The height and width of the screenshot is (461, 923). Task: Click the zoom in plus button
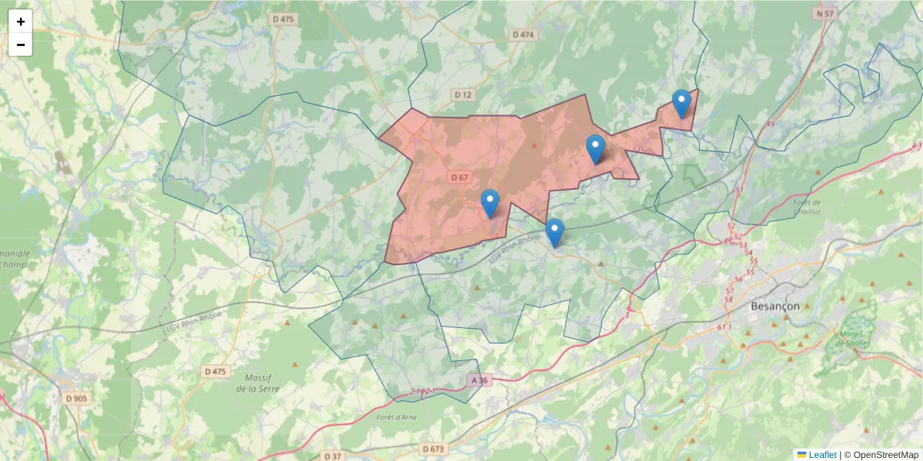(21, 22)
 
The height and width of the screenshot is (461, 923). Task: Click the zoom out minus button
(21, 45)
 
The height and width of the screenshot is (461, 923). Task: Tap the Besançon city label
(775, 306)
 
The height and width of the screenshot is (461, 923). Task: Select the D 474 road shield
(523, 35)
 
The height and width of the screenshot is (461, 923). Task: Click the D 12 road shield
(462, 95)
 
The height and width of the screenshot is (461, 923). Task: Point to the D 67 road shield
(459, 177)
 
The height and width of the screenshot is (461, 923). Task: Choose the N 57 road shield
(825, 14)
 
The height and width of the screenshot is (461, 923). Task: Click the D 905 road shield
(76, 398)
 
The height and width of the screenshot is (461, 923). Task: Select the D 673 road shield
(433, 448)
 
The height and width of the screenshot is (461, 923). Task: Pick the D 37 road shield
(332, 456)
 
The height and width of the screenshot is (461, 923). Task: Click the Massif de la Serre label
(258, 383)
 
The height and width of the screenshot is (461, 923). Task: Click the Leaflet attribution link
(821, 455)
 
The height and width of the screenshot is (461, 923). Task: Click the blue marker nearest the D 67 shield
(490, 203)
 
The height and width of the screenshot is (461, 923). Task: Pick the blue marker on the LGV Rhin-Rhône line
(555, 232)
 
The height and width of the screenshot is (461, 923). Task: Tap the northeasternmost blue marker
(681, 103)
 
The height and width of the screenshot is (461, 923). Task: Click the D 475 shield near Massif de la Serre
(216, 371)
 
